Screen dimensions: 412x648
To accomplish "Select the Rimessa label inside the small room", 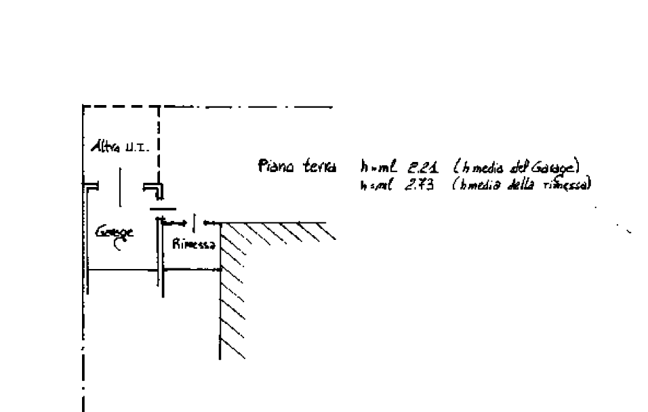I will tap(194, 245).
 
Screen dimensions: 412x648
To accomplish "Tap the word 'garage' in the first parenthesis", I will tap(555, 167).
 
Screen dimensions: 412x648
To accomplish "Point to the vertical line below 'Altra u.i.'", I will tap(119, 186).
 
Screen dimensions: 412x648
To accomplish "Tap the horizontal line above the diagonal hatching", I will tap(271, 222).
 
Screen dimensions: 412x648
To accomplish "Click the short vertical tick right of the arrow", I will tap(195, 221).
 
